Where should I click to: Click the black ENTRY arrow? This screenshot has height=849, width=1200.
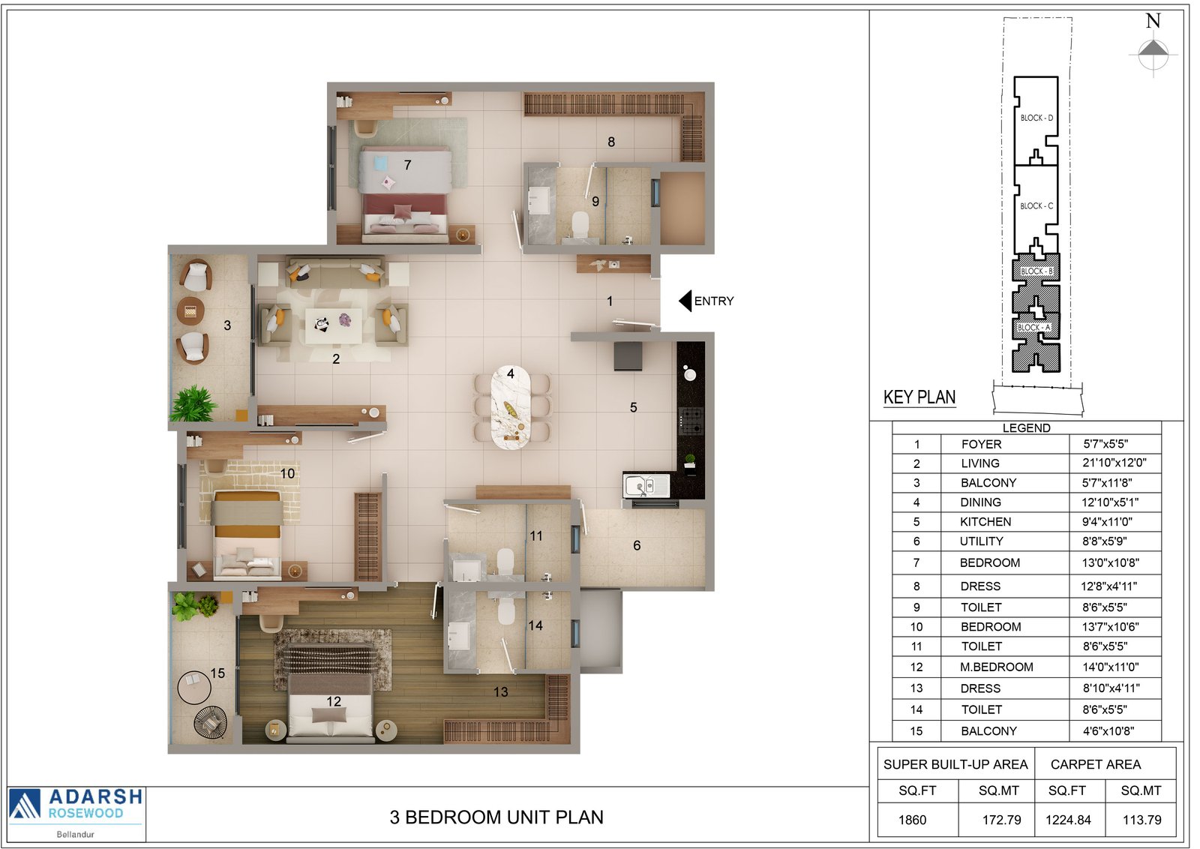coord(685,301)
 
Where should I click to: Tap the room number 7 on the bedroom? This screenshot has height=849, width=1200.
coord(408,165)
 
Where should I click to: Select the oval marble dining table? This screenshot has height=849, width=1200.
coord(511,408)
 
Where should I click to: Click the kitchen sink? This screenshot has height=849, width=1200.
coord(646,486)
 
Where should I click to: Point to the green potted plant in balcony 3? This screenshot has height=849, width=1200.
coord(193,403)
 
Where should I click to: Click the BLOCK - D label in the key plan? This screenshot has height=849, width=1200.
coord(1036,118)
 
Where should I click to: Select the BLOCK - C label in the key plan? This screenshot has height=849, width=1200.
coord(1036,205)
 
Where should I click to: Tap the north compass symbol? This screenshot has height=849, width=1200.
coord(1153,53)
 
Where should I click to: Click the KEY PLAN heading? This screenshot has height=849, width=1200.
coord(919,397)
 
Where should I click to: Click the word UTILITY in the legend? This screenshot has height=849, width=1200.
coord(981,541)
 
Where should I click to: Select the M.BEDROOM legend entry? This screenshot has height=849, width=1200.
coord(997,667)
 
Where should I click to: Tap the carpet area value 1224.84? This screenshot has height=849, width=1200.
coord(1068,820)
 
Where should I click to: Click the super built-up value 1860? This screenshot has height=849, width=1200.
coord(912,820)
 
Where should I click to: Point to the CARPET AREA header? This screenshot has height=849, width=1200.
coord(1096,764)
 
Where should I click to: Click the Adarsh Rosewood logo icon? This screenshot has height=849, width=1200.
coord(25,804)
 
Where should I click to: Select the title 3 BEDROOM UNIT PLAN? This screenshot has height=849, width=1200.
coord(496,817)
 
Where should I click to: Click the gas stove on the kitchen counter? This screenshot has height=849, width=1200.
coord(691,421)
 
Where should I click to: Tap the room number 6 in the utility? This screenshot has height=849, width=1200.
coord(637,546)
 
